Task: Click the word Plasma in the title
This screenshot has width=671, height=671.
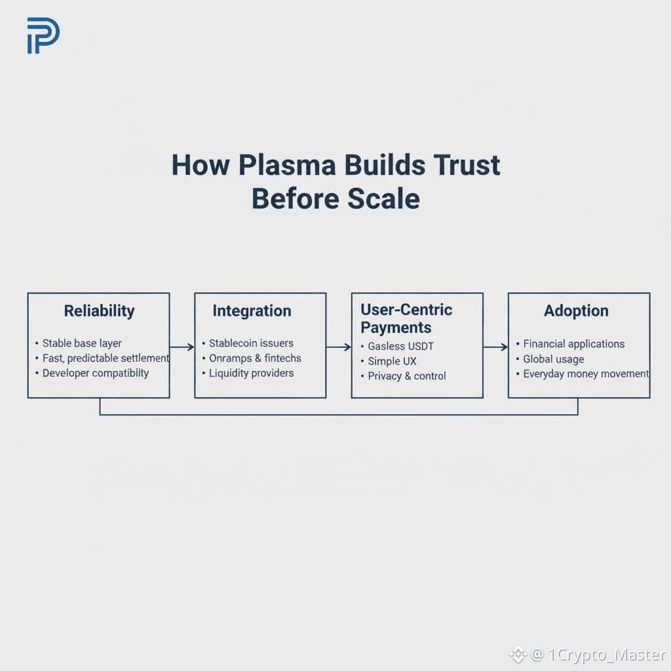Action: click(x=287, y=165)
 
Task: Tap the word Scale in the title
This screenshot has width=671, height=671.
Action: click(x=383, y=199)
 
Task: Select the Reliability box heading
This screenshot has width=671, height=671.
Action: click(x=100, y=311)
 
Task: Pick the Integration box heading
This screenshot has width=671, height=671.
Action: click(x=252, y=311)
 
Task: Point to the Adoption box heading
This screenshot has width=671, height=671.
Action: click(x=576, y=311)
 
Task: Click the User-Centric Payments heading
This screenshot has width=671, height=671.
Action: click(x=406, y=318)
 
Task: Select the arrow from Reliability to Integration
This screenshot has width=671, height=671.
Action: click(x=182, y=347)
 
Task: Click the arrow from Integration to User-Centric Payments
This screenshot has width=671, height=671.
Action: click(x=339, y=347)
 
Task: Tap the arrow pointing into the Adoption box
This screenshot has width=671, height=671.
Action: click(x=495, y=347)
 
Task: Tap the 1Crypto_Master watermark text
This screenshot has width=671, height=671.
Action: click(x=607, y=655)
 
